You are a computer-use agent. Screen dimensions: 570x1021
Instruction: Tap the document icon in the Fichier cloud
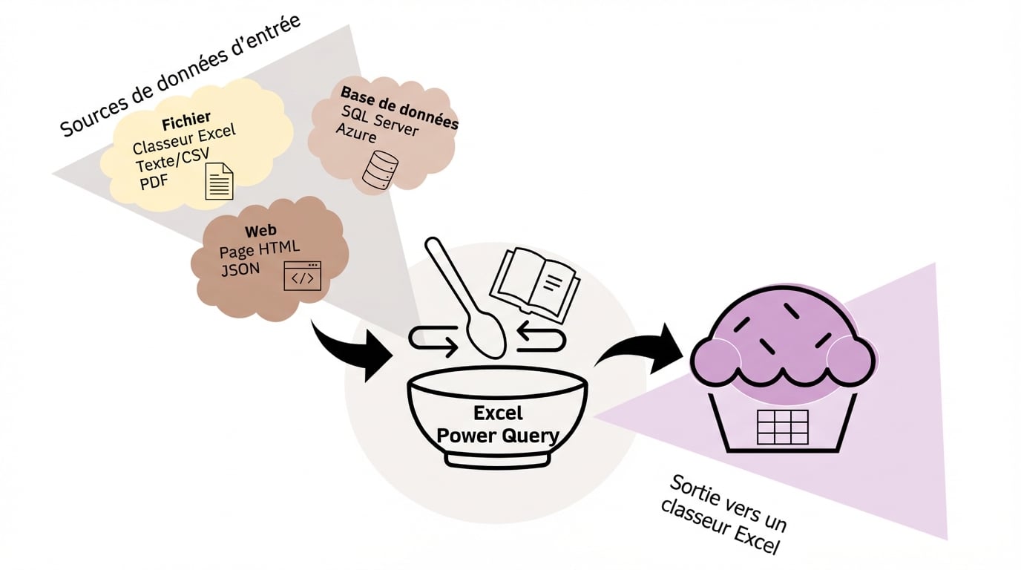coord(219,182)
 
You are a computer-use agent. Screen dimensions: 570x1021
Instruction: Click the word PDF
coord(154,180)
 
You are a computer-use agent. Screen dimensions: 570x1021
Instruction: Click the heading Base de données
coord(399,108)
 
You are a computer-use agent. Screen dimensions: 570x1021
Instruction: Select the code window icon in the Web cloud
coord(303,275)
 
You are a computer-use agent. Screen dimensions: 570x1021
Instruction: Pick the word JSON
coord(240,269)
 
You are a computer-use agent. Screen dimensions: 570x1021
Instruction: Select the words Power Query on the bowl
coord(497,435)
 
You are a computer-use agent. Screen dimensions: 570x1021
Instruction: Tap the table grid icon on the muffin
coord(781,426)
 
